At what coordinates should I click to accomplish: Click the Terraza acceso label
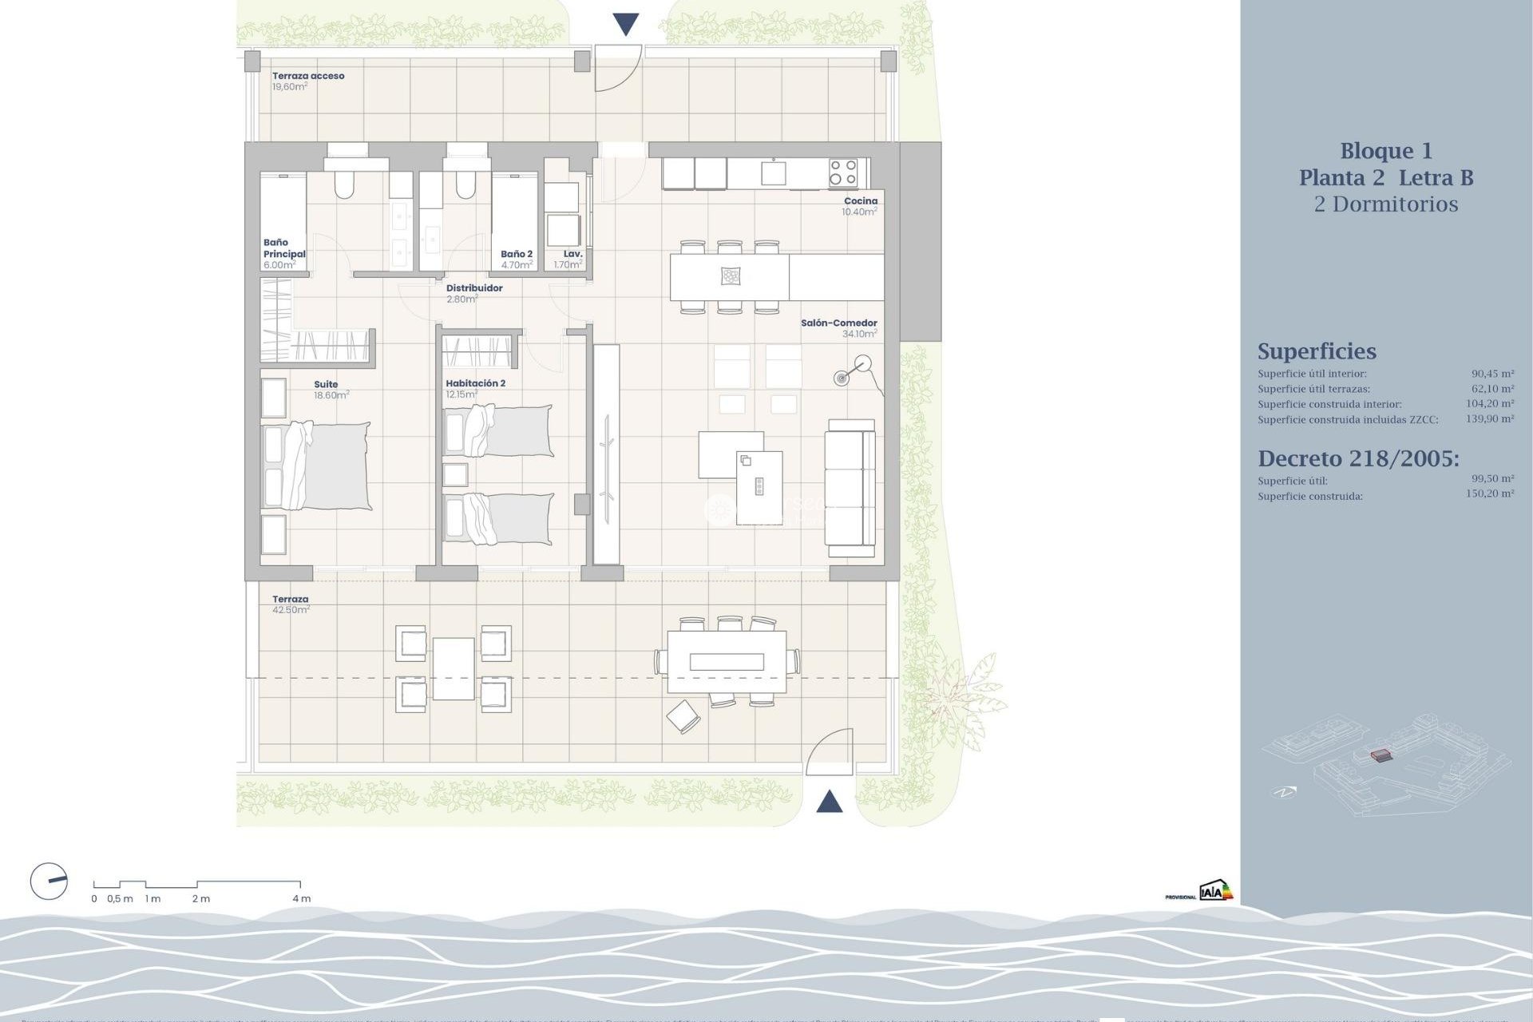tap(308, 76)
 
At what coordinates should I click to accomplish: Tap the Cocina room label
tap(861, 201)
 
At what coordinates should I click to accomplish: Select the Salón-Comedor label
tap(838, 323)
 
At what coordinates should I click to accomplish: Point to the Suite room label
tap(326, 384)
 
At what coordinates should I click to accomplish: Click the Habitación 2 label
tap(475, 383)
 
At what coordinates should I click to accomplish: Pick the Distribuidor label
tap(474, 288)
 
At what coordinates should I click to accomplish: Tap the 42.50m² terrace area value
tap(291, 610)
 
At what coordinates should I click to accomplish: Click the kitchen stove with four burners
tap(843, 172)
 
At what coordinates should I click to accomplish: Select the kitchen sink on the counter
tap(773, 172)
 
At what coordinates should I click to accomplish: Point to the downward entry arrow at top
tap(626, 25)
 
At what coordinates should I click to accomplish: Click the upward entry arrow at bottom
tap(830, 801)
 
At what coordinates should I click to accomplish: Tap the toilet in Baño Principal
tap(345, 184)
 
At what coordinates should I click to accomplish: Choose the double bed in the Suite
tap(317, 466)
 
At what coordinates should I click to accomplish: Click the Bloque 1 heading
tap(1386, 151)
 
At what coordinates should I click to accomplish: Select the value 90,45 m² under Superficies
tap(1492, 374)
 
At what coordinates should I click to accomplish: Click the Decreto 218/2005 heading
tap(1358, 458)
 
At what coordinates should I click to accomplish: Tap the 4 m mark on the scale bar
tap(301, 898)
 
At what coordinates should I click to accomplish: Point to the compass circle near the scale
tap(49, 881)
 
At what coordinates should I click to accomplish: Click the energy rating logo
tap(1215, 890)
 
